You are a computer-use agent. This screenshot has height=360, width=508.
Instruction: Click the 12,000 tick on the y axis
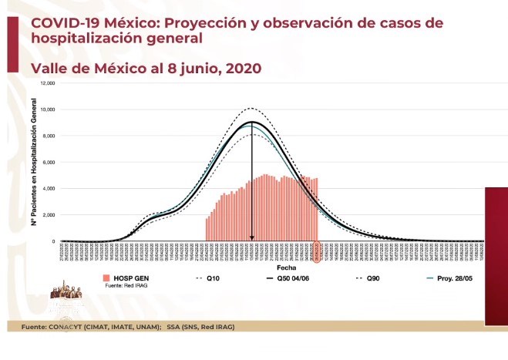point(49,83)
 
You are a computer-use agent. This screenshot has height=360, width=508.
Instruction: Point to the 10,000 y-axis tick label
point(49,109)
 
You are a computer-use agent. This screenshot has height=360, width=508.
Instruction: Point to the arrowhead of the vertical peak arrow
point(252,238)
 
